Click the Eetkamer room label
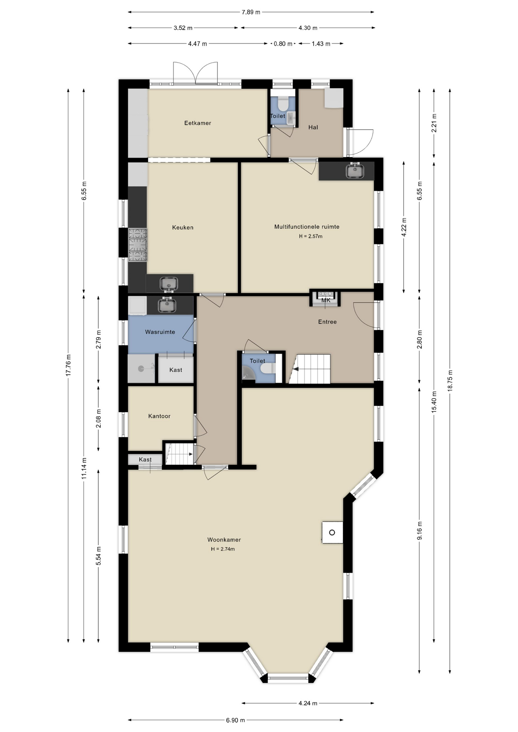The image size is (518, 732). (x=198, y=123)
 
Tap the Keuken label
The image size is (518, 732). (x=183, y=228)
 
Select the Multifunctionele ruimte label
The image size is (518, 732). (x=307, y=227)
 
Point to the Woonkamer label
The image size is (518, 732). (x=224, y=540)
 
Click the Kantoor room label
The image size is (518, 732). (x=159, y=416)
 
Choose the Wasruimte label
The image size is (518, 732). (x=160, y=332)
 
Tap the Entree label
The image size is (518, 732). (x=327, y=322)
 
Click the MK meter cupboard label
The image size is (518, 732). (x=326, y=300)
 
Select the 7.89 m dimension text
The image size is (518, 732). (x=251, y=12)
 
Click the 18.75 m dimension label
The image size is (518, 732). (x=450, y=380)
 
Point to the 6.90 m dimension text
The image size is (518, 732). (x=235, y=720)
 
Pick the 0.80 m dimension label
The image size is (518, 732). (x=283, y=44)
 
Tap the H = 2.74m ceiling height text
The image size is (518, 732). (x=223, y=549)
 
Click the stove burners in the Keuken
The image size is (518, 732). (x=137, y=245)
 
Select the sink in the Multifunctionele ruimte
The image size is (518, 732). (x=355, y=170)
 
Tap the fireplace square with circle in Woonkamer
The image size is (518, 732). (x=332, y=532)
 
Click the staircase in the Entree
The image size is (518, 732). (x=310, y=369)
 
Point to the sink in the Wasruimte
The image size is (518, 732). (x=166, y=305)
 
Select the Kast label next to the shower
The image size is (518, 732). (x=175, y=370)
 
